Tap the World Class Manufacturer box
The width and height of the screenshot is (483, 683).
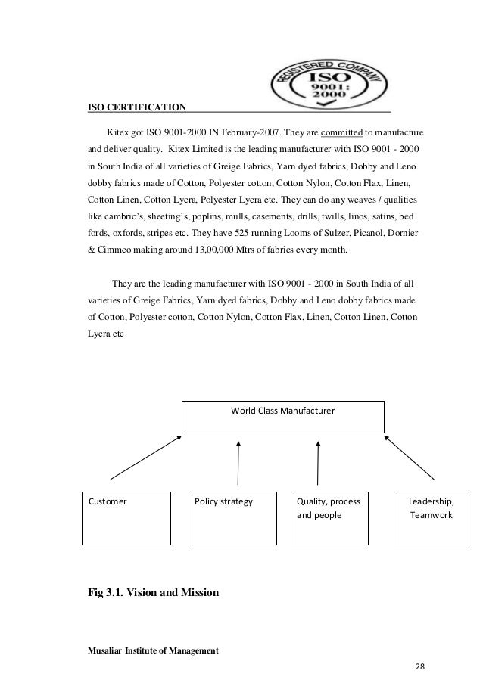point(282,417)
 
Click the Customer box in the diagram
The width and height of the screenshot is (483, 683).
point(125,518)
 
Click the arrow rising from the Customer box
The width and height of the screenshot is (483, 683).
point(146,456)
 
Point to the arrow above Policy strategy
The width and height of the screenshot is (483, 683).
point(238,462)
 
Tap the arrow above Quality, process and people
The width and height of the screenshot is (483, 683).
point(319,462)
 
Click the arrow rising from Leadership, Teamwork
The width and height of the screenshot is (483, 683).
point(410,456)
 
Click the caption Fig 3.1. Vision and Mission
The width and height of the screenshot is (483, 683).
point(154,594)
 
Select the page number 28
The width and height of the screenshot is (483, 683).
point(421,666)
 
